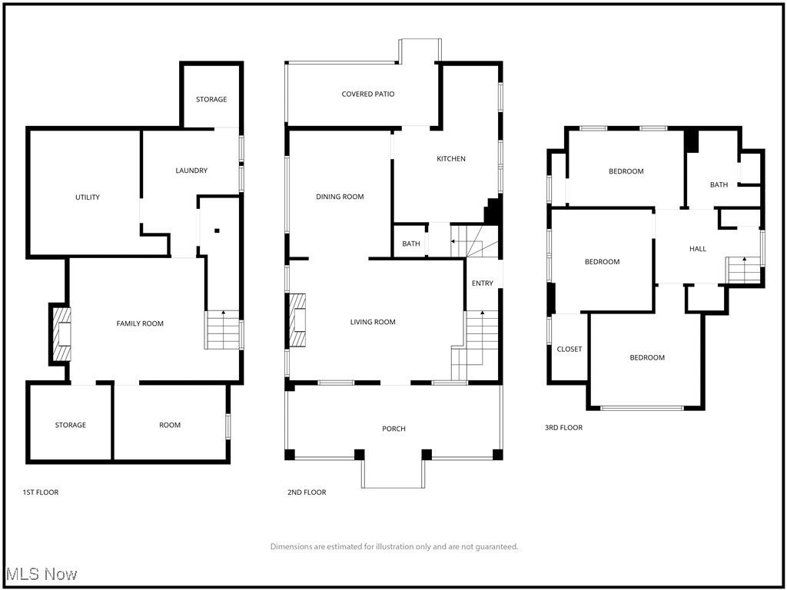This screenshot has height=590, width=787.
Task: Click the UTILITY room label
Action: coord(88,197)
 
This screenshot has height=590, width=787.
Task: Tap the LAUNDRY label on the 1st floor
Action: coord(191,171)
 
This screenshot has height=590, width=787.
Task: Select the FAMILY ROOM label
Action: coord(140,323)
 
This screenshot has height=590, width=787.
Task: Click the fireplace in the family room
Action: coord(61,333)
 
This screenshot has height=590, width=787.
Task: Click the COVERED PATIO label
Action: coord(368,94)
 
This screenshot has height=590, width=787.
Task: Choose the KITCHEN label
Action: coord(451,159)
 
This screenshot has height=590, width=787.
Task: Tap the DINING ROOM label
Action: coord(340,197)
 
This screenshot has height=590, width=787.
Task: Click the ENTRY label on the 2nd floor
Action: coord(483,283)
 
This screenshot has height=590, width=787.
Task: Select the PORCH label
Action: coord(393,429)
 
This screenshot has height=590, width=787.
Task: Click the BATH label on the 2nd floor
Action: coord(411,244)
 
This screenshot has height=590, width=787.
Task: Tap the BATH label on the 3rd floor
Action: coord(719,184)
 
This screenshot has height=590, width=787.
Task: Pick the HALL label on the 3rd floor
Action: coord(698,249)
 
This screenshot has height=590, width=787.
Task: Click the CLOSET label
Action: coord(569,349)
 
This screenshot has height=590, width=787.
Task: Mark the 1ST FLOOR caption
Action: coord(41,492)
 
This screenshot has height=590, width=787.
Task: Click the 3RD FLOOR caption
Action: coord(563,428)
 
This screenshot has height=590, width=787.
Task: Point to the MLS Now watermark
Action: coord(42,574)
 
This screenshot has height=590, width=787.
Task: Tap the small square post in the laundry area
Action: coord(218,230)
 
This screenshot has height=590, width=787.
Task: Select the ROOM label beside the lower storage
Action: coord(170,425)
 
